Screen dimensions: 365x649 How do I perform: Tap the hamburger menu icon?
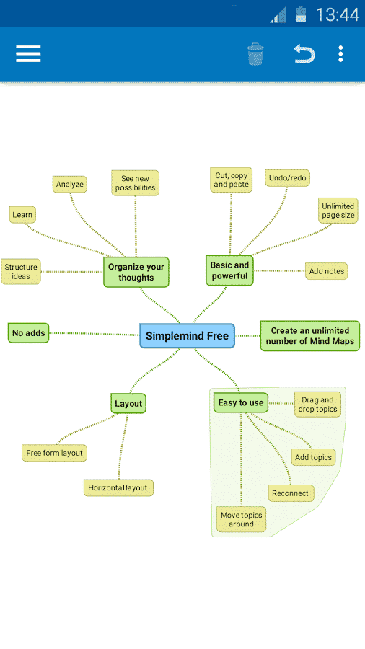[28, 54]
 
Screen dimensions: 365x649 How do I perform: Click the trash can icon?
[255, 54]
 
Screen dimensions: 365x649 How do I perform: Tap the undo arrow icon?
[304, 54]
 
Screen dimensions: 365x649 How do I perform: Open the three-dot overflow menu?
[340, 54]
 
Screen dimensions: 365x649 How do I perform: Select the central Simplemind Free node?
[187, 335]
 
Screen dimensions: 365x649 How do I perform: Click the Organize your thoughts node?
[136, 272]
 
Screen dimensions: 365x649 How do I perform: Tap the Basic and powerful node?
[229, 270]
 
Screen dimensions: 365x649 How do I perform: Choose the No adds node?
[29, 332]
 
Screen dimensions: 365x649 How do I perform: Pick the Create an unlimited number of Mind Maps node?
[310, 335]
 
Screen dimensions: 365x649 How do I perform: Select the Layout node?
[128, 404]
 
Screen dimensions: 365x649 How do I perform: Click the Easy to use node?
[241, 402]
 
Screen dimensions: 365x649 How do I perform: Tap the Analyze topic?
[69, 184]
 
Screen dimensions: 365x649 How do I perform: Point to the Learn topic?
[22, 215]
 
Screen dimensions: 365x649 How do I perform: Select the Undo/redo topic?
[287, 178]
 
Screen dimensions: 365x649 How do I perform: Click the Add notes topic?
[327, 271]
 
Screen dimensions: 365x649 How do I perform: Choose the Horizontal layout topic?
[118, 487]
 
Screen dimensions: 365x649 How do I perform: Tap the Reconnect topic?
[291, 493]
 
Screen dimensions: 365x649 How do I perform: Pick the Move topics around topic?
[241, 519]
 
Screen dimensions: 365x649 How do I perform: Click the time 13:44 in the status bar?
[338, 15]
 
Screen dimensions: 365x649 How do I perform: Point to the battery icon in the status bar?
[301, 14]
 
